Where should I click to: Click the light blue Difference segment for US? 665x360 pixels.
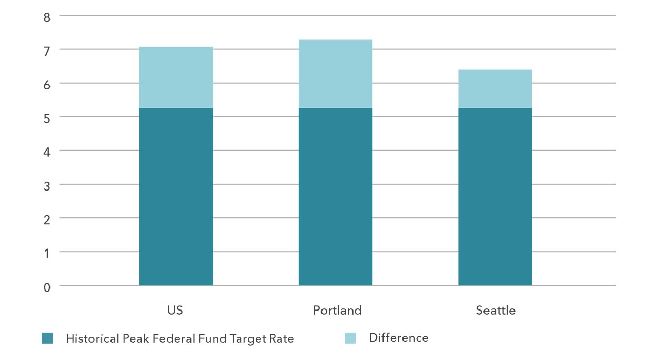(x=176, y=77)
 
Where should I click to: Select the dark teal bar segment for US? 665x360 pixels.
(x=176, y=197)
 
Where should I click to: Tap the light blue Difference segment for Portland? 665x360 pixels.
(x=335, y=74)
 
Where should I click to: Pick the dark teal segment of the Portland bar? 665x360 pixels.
(x=335, y=197)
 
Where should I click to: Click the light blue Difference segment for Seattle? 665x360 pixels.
(x=495, y=89)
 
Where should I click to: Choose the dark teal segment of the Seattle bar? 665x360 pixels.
(x=495, y=197)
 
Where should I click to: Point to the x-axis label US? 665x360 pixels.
(x=175, y=311)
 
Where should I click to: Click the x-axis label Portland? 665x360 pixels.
(x=337, y=311)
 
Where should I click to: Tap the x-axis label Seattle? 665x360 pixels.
(x=496, y=311)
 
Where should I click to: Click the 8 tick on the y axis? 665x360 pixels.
(x=47, y=17)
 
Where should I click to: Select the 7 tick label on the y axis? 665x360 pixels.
(x=47, y=51)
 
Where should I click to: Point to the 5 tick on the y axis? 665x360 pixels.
(x=47, y=118)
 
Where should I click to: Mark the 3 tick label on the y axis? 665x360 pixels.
(x=47, y=185)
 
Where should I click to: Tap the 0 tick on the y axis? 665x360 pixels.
(x=47, y=287)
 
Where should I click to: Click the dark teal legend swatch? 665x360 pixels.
(x=47, y=338)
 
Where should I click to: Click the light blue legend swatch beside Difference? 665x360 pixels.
(x=350, y=338)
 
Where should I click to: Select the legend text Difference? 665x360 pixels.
(x=399, y=338)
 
